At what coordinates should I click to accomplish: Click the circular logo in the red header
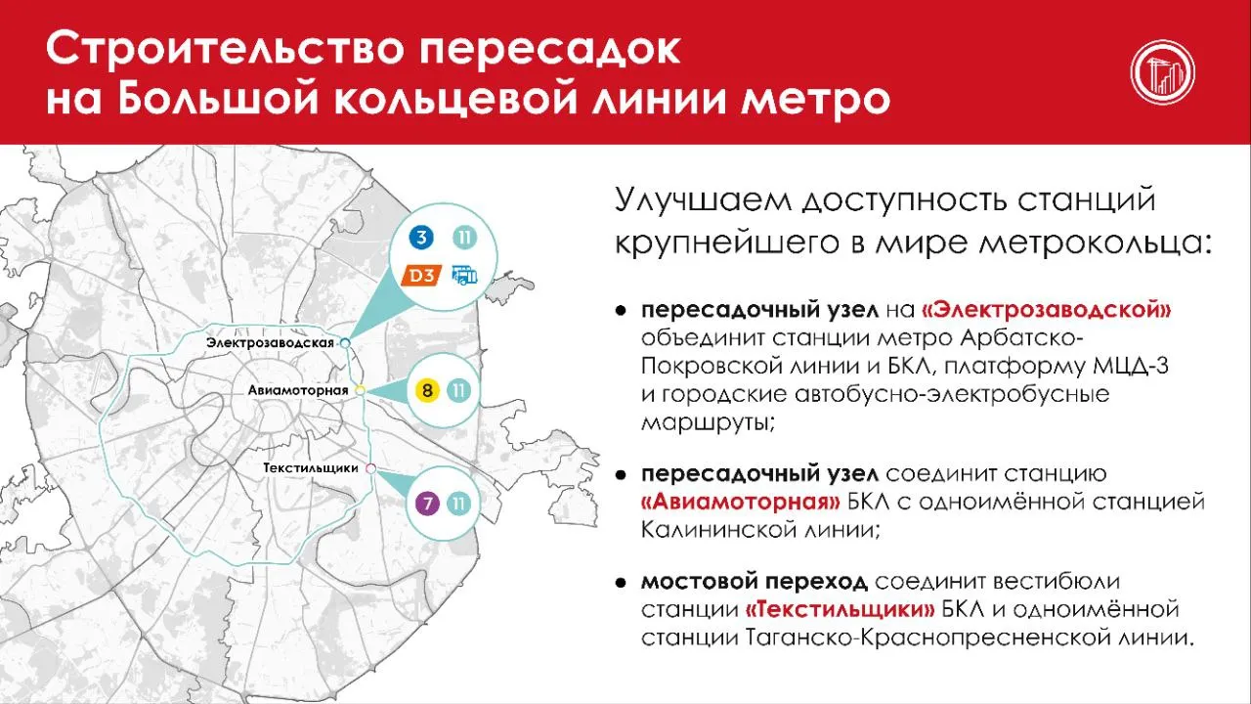tap(1163, 72)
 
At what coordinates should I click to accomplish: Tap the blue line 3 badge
tap(421, 238)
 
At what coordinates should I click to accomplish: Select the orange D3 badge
tap(421, 276)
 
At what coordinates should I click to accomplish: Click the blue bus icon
tap(464, 276)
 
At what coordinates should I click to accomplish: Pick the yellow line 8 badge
tap(427, 390)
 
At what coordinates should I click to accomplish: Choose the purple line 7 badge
tap(427, 504)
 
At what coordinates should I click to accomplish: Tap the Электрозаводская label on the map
tap(270, 342)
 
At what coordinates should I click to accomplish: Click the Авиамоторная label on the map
tap(298, 390)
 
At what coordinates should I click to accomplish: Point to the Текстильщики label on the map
tap(311, 468)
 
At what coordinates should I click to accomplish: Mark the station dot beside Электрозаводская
tap(345, 343)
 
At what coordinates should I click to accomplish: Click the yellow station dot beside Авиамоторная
tap(361, 390)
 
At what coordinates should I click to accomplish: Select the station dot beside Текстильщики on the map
tap(370, 468)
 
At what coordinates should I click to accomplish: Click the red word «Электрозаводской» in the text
tap(1046, 310)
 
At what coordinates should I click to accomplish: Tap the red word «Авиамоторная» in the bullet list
tap(741, 503)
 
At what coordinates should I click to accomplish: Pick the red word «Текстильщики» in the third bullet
tap(840, 609)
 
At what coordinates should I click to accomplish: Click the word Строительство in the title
tap(225, 49)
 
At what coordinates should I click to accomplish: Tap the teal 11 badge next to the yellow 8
tap(459, 390)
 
